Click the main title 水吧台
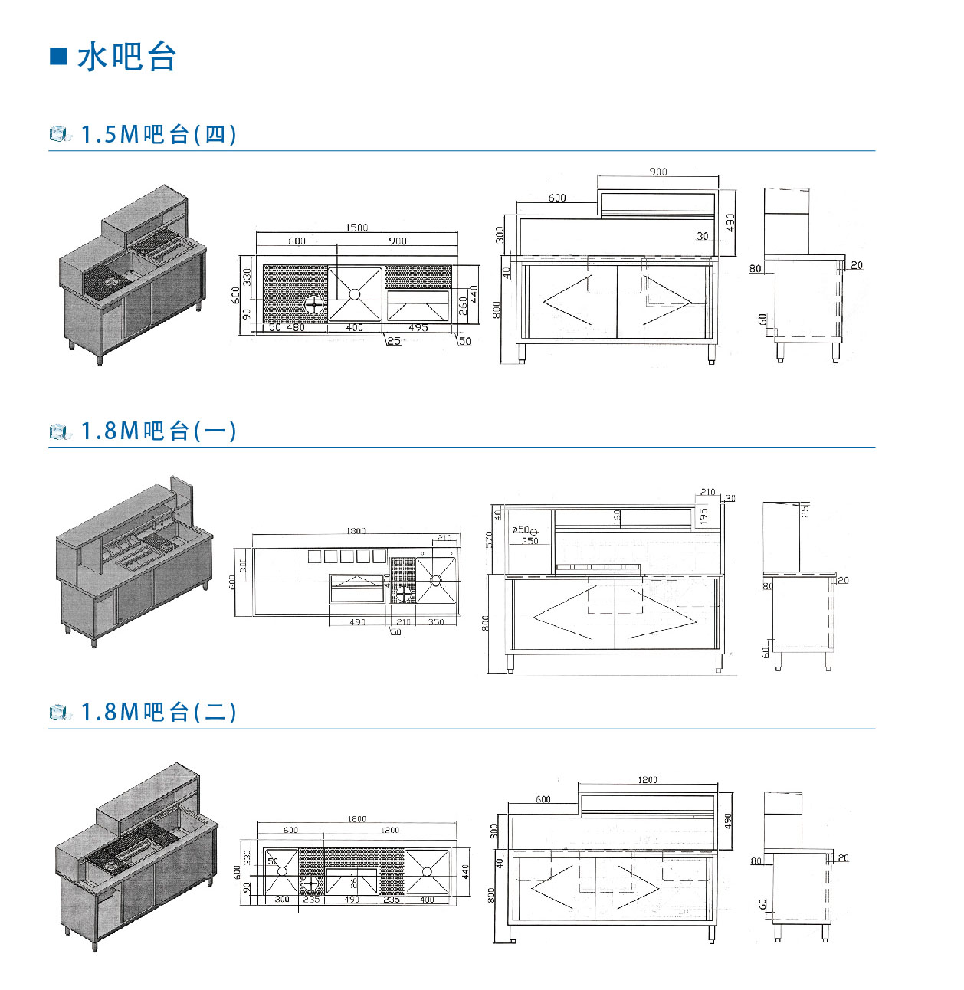coord(127,57)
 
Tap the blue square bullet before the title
coord(58,57)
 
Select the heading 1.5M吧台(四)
coord(159,135)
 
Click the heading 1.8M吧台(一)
coord(159,431)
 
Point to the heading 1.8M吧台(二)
coord(159,713)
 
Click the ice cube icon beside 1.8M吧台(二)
coord(60,713)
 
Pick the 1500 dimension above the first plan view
coord(356,228)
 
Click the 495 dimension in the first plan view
coord(418,328)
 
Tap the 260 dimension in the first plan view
coord(463,306)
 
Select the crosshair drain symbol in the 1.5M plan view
coord(314,305)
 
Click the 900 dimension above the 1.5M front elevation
coord(658,172)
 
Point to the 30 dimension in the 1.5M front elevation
coord(703,236)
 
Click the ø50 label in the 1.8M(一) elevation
coord(520,529)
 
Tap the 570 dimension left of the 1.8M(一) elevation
coord(489,540)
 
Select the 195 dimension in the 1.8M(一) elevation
coord(703,516)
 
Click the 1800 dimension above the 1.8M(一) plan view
coord(356,531)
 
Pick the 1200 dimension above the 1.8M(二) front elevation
coord(648,780)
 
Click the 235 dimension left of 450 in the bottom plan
coord(311,900)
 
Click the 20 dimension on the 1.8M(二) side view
coord(843,858)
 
